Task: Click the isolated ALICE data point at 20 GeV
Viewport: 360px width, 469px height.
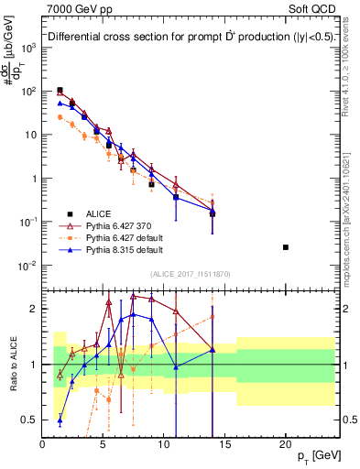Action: click(286, 247)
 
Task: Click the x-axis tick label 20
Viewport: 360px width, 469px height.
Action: click(286, 442)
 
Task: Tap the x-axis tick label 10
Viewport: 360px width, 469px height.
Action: click(164, 442)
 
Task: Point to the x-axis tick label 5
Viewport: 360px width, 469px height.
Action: click(104, 442)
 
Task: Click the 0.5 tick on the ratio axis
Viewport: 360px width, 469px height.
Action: click(30, 420)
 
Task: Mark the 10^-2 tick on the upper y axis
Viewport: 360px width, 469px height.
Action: click(28, 266)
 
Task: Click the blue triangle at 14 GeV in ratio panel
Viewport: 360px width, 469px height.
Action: click(213, 350)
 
